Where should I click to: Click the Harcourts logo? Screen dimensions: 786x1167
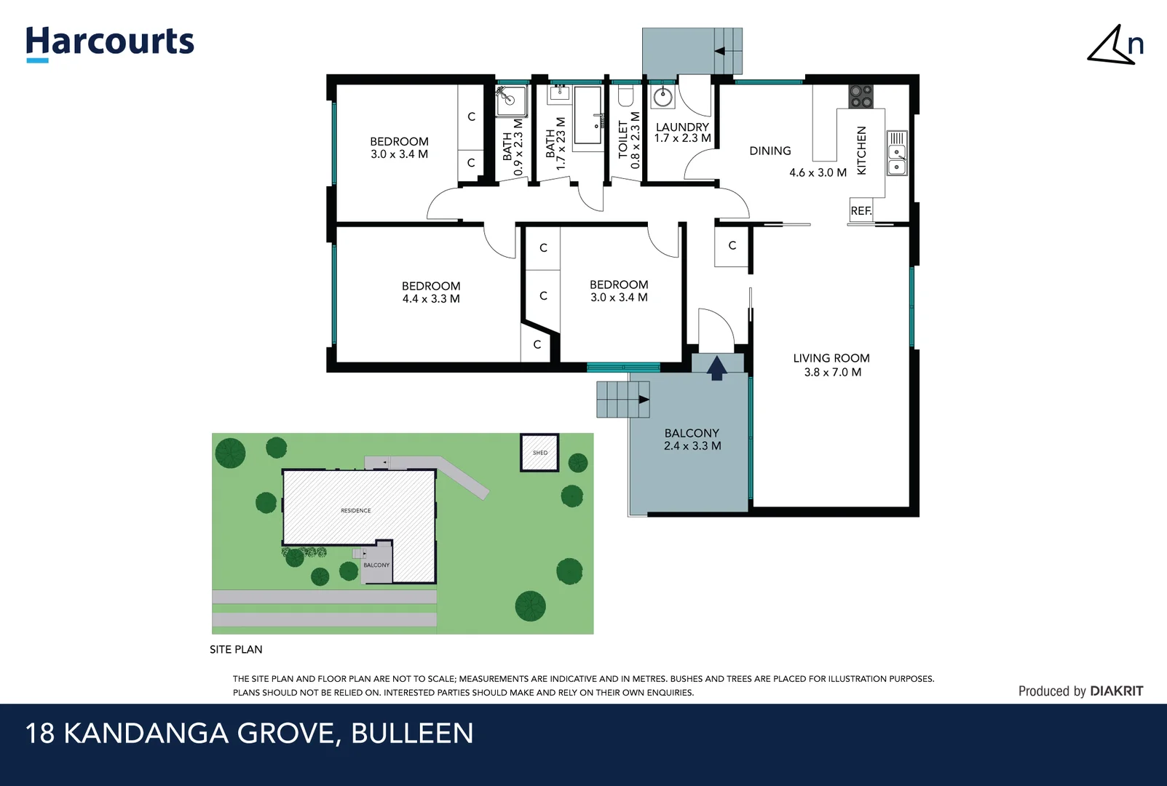coord(110,42)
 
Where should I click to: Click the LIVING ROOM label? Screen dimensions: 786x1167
coord(831,358)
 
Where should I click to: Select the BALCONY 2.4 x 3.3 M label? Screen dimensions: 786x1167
coord(692,440)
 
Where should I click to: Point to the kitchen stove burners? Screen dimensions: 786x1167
coord(861,96)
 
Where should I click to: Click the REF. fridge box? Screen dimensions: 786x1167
coord(861,210)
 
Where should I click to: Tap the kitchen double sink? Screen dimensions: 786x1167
coord(897,160)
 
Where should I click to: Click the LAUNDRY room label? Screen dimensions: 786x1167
coord(682,127)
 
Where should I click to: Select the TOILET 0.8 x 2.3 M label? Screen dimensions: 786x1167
coord(629,140)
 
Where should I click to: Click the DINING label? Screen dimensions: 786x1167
coord(770,151)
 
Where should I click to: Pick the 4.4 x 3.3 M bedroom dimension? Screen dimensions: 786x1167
coord(431,299)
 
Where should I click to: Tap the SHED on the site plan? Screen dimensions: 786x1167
coord(539,453)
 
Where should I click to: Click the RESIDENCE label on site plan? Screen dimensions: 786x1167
coord(356,511)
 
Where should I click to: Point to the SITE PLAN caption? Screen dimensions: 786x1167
coord(236,649)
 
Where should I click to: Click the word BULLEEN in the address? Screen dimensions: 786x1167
coord(412,733)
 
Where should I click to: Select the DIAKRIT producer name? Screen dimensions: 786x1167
coord(1116,691)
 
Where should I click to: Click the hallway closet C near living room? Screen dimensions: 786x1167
coord(732,246)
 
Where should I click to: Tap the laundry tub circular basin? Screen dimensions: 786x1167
coord(662,98)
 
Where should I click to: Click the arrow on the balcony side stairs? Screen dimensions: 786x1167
coord(643,400)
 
